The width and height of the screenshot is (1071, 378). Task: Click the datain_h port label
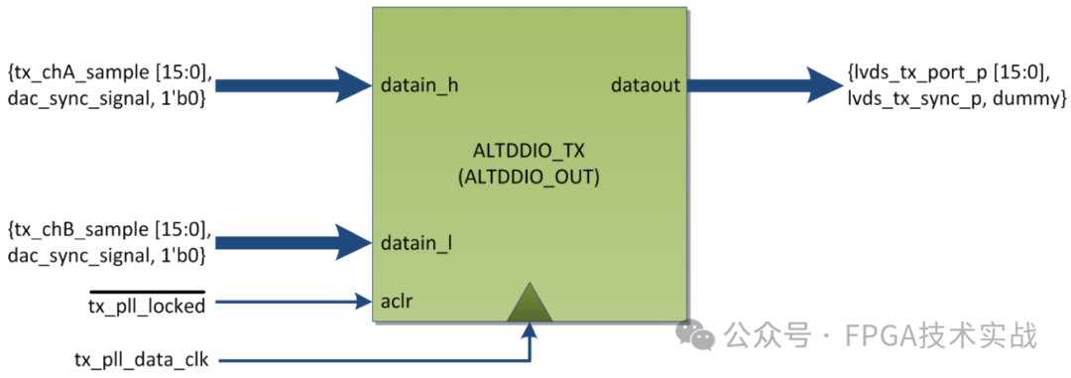418,85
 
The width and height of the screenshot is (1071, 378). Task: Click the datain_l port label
416,241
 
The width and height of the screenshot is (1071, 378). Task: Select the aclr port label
397,300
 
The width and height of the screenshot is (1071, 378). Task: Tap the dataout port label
646,85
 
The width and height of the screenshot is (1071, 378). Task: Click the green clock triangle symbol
530,303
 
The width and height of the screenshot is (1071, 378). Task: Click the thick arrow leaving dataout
764,85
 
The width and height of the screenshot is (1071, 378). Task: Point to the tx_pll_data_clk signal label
141,357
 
